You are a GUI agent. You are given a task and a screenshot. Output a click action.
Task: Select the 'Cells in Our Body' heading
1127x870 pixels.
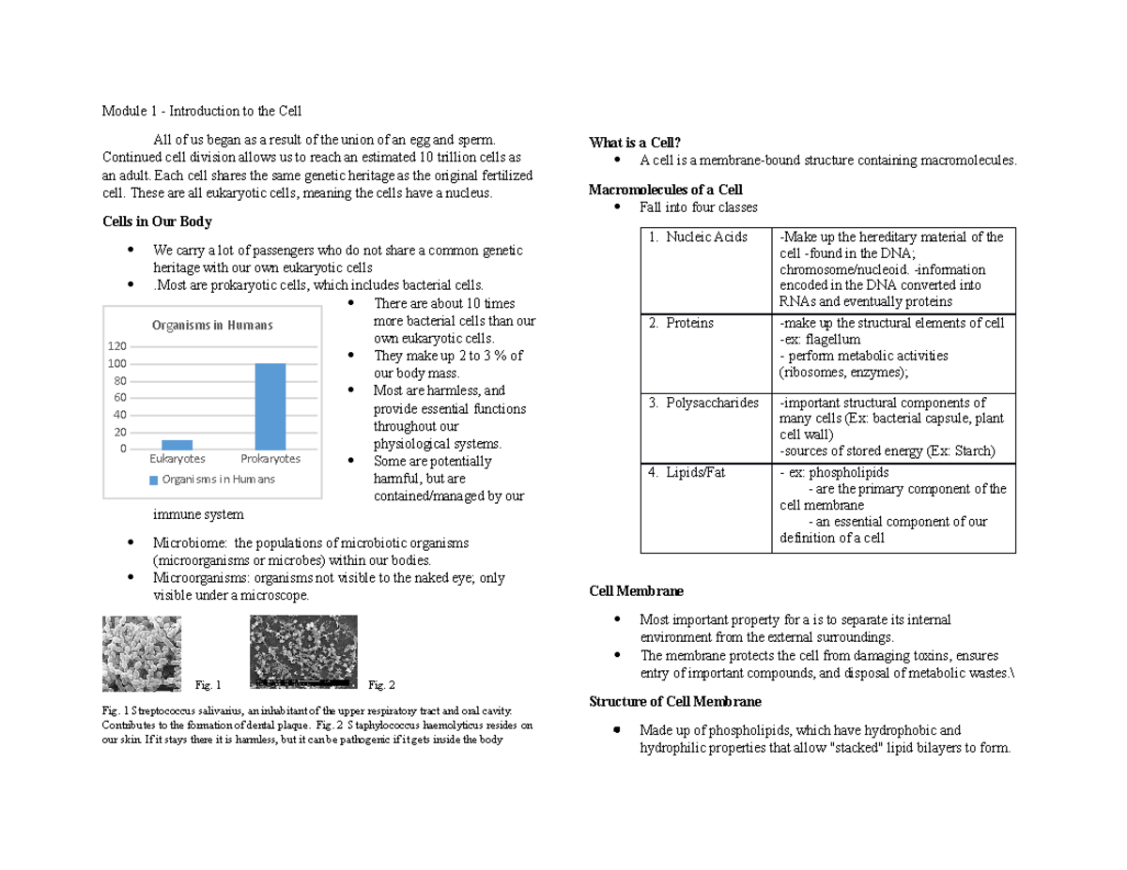157,222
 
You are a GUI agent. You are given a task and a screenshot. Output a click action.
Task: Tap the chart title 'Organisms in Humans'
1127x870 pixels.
212,325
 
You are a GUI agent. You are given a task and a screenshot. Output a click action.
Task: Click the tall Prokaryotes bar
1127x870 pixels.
270,405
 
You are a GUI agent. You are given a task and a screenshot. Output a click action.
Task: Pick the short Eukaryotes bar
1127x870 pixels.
177,444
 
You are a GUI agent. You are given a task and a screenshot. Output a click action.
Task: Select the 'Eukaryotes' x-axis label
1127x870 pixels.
177,459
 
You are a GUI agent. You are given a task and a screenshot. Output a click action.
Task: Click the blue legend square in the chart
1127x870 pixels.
154,480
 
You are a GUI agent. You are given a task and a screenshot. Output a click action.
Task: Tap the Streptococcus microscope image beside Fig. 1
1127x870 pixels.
142,653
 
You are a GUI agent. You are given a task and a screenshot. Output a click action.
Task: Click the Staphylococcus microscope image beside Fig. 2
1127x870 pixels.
304,651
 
